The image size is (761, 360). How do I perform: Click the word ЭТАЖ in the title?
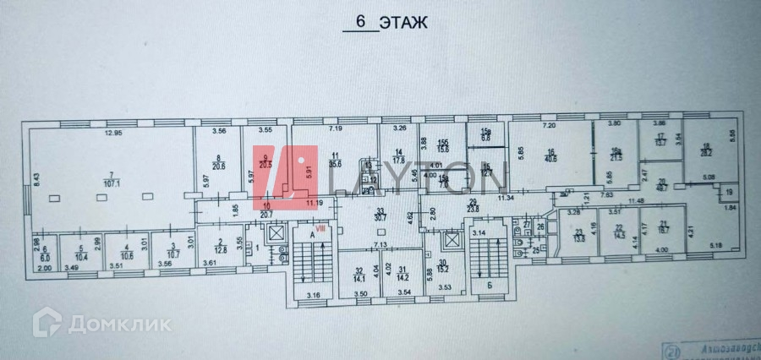coord(402,23)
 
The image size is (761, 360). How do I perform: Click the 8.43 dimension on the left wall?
coord(38,177)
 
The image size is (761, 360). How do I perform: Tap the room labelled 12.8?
coord(219,250)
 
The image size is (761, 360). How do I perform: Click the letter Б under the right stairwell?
coord(490,286)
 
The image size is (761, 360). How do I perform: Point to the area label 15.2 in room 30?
coord(442,270)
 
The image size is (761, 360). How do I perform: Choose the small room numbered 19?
coord(725,194)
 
